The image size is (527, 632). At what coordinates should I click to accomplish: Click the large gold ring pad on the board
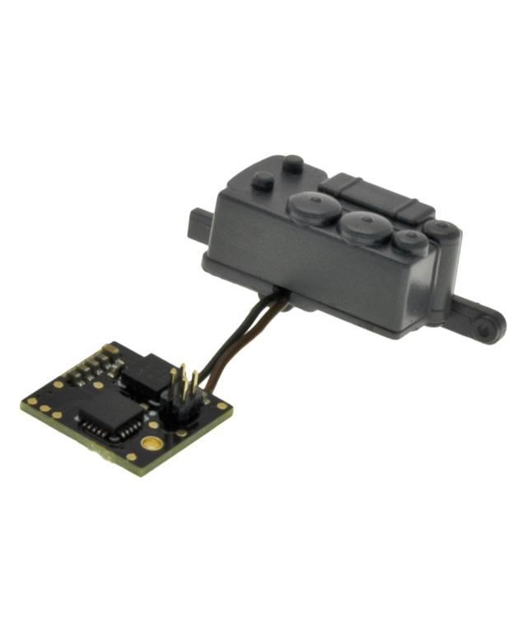tap(151, 442)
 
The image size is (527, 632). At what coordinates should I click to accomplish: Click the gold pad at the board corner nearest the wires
tap(220, 405)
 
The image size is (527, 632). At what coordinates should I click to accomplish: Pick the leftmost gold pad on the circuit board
tap(31, 402)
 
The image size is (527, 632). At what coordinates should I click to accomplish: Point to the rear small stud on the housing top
tap(292, 163)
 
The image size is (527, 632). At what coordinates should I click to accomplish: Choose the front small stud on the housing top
tap(263, 180)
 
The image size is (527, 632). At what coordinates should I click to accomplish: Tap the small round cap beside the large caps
tap(407, 241)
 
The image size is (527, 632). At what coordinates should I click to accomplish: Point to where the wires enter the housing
tap(281, 297)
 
